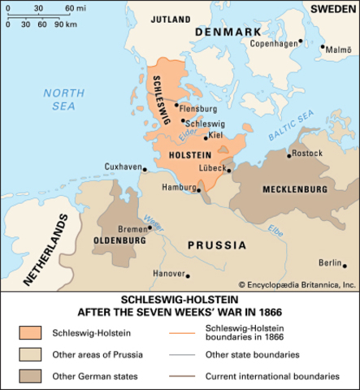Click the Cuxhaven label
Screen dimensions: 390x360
pos(124,166)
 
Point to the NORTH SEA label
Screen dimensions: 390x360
pos(59,99)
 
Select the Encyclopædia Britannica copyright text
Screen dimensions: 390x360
pos(297,284)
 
